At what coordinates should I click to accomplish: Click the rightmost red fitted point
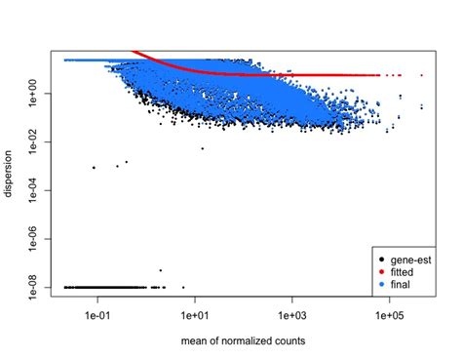[x=421, y=74]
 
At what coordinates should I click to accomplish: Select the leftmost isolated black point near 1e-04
[x=94, y=168]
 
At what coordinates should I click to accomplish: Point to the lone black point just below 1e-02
[x=202, y=147]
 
